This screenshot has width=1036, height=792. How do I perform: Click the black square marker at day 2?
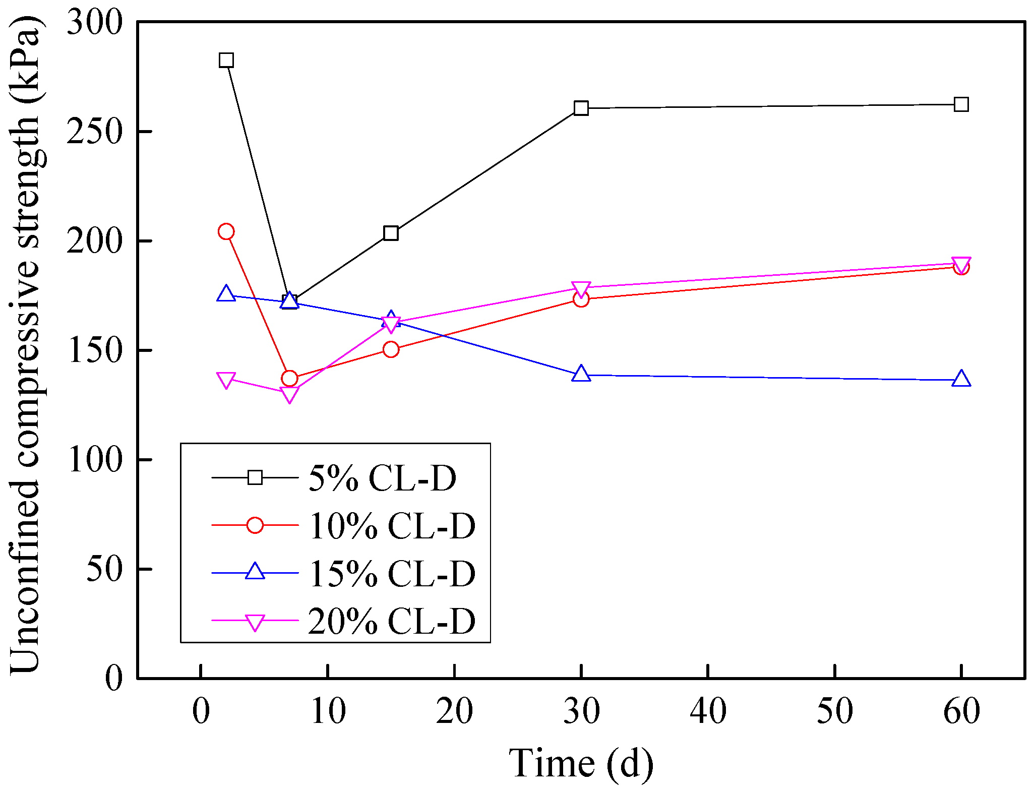pos(226,60)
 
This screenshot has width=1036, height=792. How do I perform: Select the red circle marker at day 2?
pos(226,231)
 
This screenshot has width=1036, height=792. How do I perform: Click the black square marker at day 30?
pos(581,108)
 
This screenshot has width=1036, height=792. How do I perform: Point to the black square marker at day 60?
pos(961,105)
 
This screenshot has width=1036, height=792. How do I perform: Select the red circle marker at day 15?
pos(391,349)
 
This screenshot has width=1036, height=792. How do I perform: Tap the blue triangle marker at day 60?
pos(961,379)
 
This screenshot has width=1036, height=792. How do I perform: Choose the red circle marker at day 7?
pos(289,379)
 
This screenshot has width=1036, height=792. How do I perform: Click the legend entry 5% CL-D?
pos(382,477)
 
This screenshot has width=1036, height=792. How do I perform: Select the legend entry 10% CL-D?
pos(392,525)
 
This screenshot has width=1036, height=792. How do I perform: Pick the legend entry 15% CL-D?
pos(392,573)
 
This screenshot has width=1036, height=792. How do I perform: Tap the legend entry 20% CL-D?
pos(392,621)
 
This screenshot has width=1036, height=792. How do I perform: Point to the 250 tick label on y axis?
pos(95,132)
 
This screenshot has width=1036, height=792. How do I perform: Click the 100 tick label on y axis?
pos(95,460)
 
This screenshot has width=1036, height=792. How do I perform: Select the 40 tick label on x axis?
pos(708,711)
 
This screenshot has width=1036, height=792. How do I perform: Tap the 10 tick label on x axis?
pos(328,711)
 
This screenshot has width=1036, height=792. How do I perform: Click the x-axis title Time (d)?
pos(581,763)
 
